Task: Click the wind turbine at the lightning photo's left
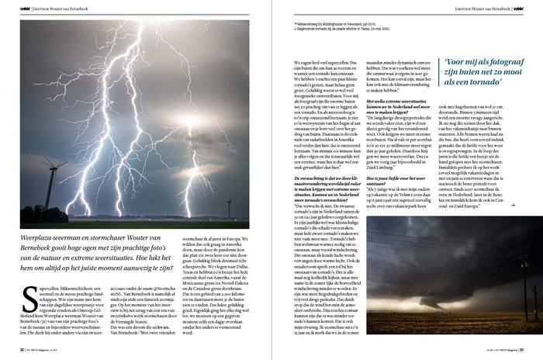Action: coord(52,175)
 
